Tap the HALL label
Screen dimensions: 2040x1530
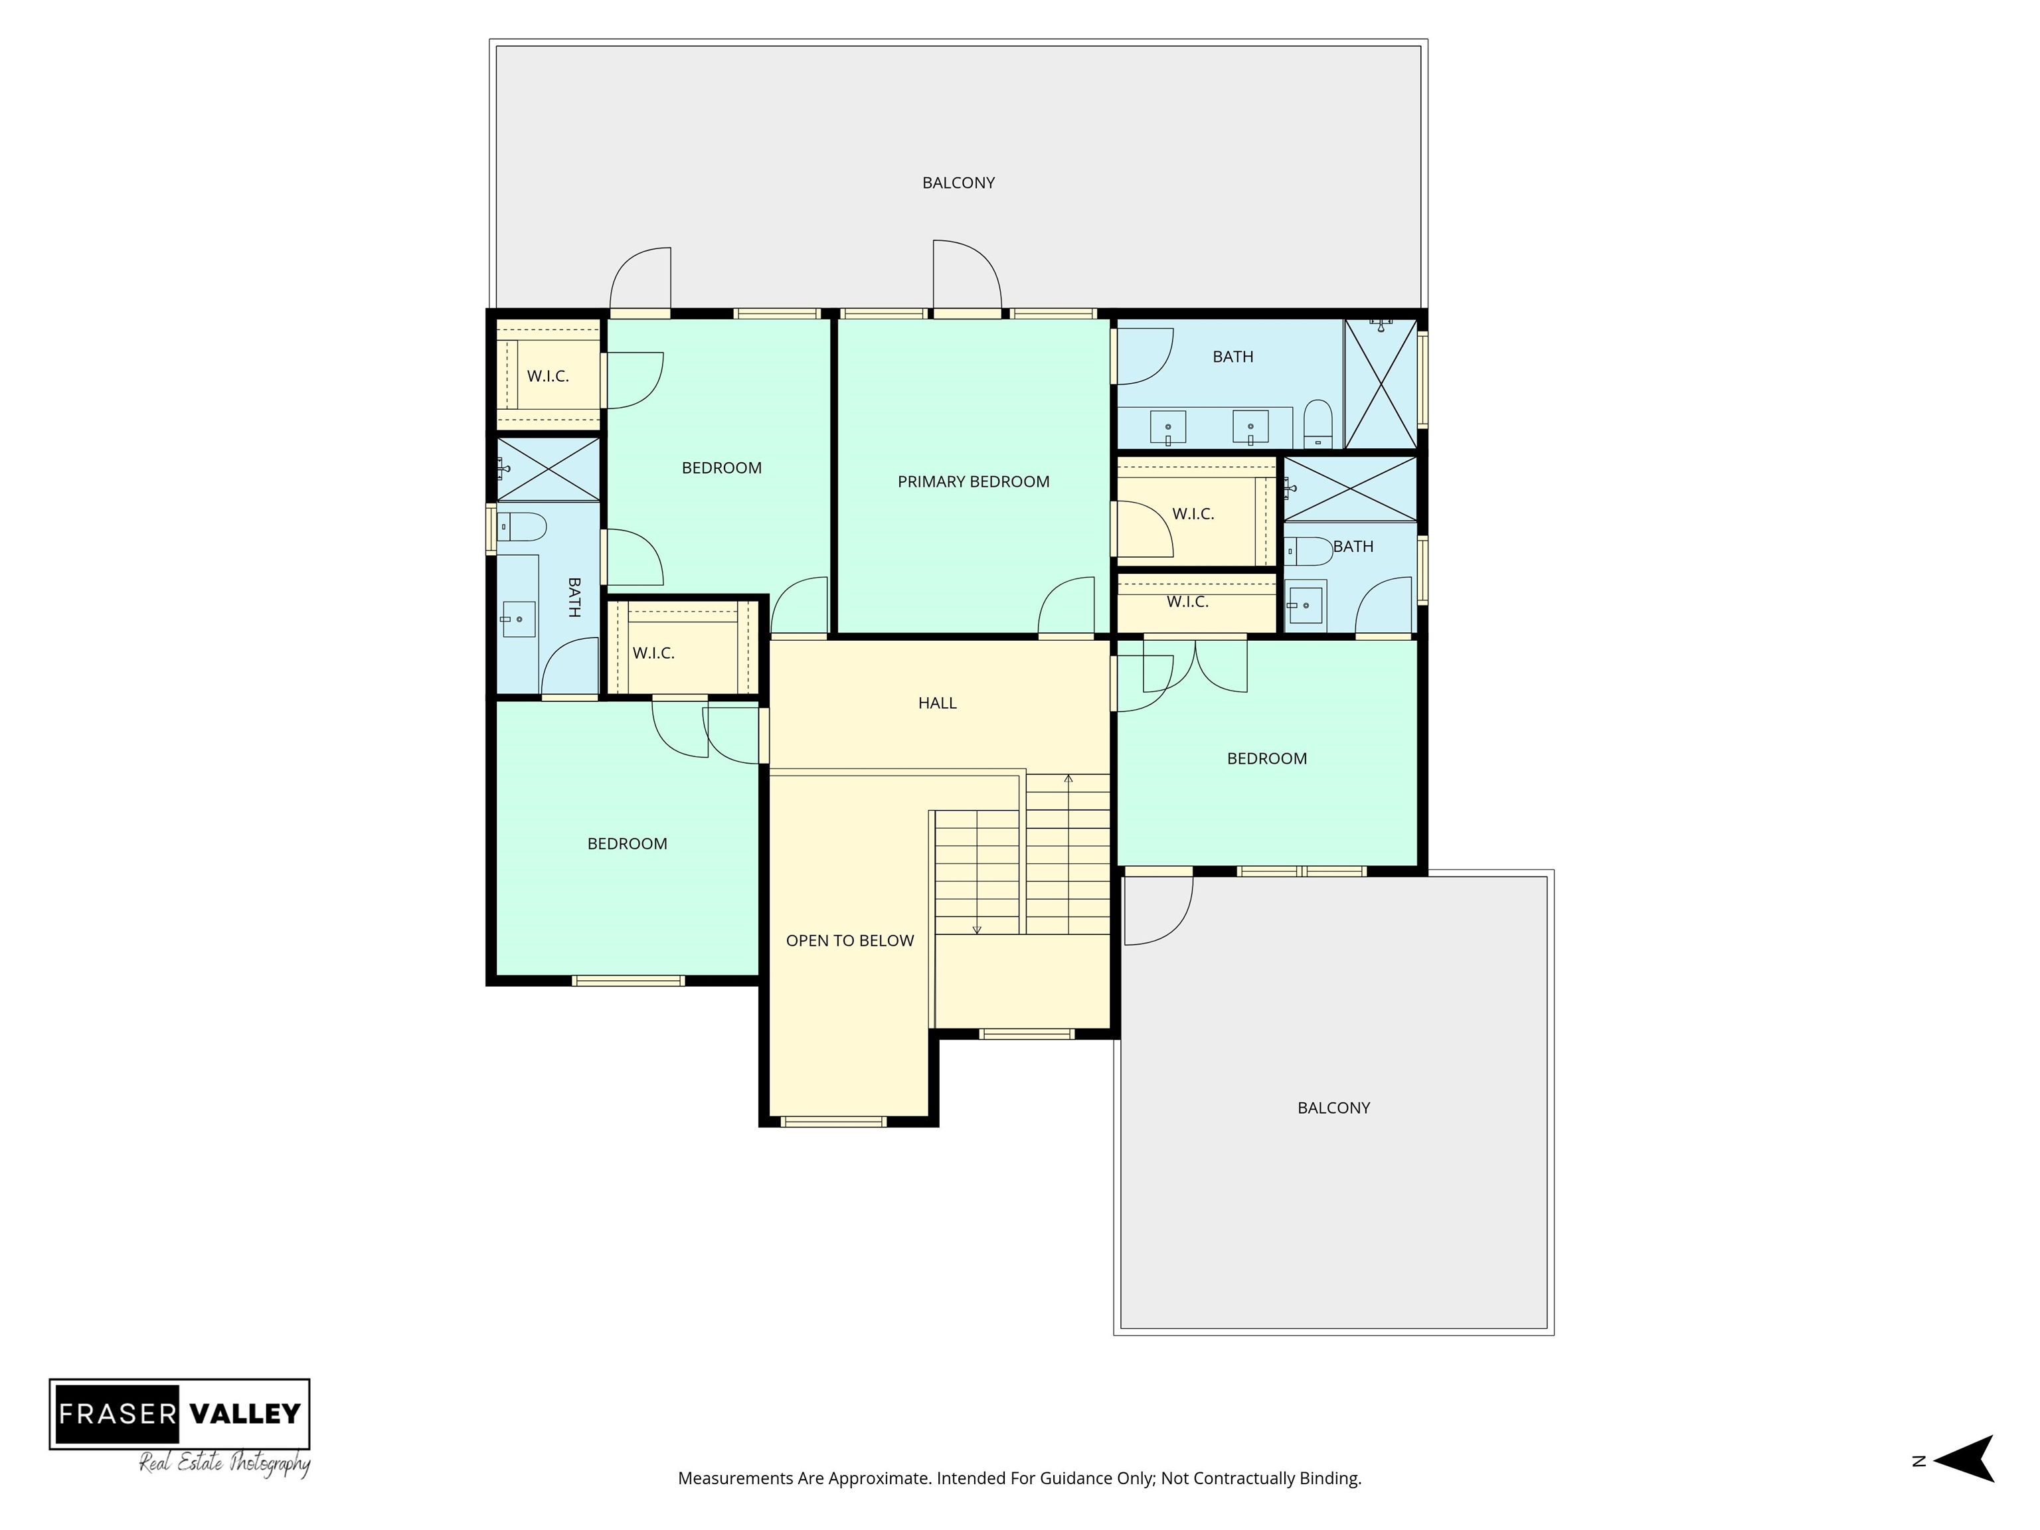coord(937,703)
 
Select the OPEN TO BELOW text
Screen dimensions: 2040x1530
coord(849,941)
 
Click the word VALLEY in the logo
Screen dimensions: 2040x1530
coord(244,1413)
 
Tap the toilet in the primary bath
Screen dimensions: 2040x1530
coord(1318,424)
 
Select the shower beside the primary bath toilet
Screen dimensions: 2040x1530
coord(1380,384)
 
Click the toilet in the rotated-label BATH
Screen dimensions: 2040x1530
coord(521,527)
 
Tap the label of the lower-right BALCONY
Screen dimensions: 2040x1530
coord(1333,1108)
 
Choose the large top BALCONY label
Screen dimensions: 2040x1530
coord(958,183)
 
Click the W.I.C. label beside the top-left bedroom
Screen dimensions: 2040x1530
coord(548,377)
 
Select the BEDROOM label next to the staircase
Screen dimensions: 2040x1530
coord(1266,759)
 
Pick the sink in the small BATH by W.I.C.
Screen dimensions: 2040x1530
coord(1305,605)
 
